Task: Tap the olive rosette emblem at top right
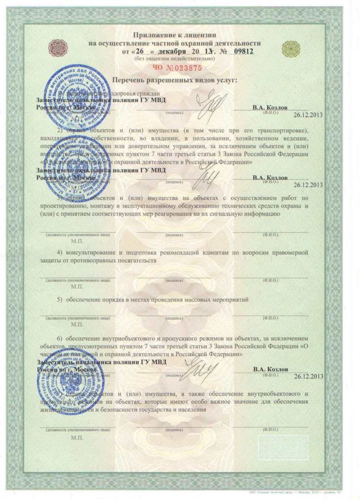click(x=288, y=46)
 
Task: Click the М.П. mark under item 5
click(x=76, y=324)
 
